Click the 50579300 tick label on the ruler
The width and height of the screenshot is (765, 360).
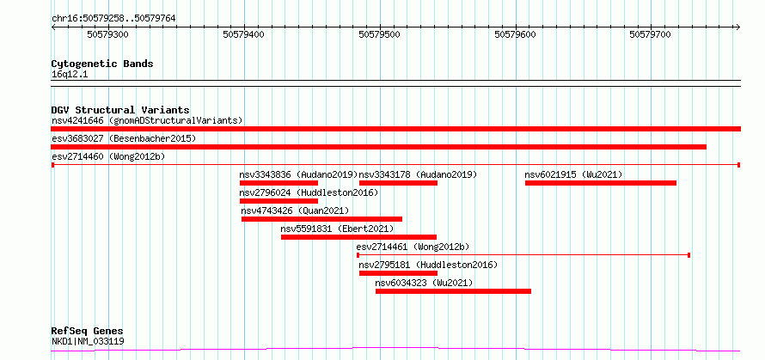pos(108,34)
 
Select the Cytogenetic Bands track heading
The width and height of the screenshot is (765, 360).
pos(102,64)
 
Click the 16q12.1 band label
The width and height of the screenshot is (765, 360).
pos(70,75)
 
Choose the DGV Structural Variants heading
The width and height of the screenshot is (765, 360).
pos(120,110)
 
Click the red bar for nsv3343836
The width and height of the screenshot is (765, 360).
pos(278,183)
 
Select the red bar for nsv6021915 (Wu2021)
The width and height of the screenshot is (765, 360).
pos(601,183)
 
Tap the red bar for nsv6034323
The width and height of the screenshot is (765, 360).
pos(453,291)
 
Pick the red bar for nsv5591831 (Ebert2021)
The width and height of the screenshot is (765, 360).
pos(358,237)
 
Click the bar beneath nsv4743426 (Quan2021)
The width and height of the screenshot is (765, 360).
pos(321,219)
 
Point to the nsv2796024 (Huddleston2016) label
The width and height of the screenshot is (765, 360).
pos(309,192)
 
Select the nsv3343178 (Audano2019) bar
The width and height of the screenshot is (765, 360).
pos(398,183)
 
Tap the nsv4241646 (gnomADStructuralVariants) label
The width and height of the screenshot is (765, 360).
pos(147,120)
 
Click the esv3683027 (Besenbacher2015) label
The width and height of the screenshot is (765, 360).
pos(124,138)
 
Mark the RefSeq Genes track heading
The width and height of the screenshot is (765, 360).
pos(87,331)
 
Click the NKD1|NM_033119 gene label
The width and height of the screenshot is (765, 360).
pos(88,341)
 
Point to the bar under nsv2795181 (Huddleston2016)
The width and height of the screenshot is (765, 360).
pos(398,273)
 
